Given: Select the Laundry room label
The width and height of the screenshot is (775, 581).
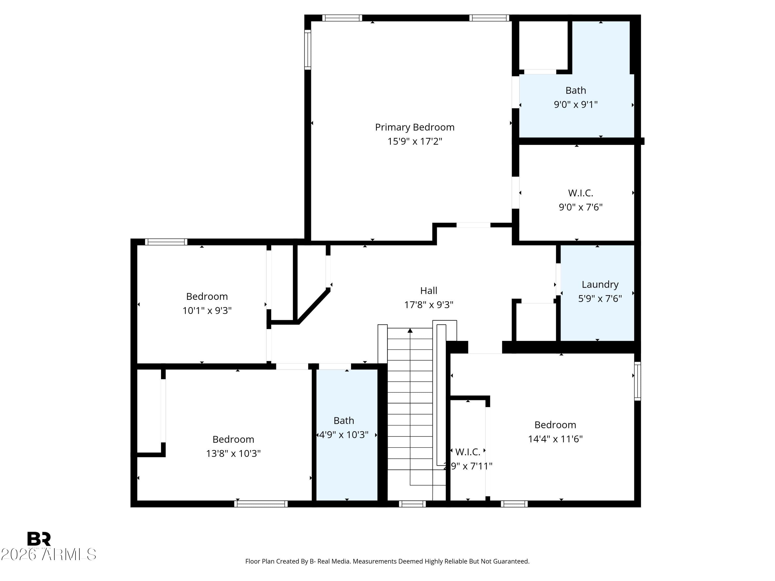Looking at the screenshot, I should point(600,284).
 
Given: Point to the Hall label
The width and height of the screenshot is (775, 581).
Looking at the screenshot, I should point(429,291).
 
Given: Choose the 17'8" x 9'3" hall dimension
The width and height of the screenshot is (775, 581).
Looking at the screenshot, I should point(429,305).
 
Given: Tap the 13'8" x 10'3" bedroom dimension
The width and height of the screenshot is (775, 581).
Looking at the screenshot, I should point(233,453).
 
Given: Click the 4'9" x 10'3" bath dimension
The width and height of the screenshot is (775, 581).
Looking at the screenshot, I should point(343,435).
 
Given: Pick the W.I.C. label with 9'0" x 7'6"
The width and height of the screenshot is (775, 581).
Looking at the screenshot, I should point(580,193).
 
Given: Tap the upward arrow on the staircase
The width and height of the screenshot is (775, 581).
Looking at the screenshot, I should point(410,331).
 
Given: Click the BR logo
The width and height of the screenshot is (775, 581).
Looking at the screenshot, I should point(39,539).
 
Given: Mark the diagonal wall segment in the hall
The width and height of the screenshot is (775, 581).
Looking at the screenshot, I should point(314,306).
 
